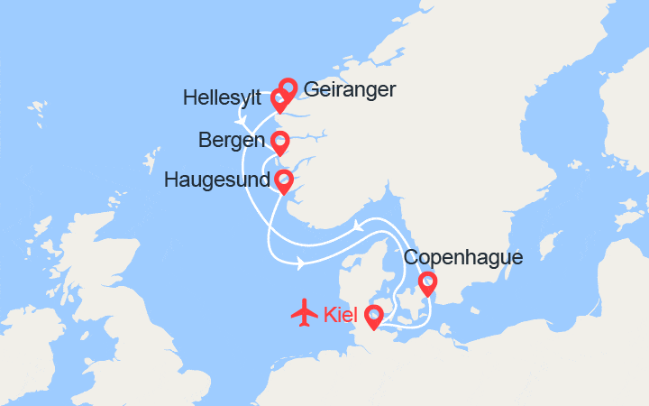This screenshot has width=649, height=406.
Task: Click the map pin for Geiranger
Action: click(288, 88)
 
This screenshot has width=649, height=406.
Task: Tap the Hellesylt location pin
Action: click(279, 99)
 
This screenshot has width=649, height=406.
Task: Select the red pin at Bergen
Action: click(280, 142)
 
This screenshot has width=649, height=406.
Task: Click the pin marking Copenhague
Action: click(427, 283)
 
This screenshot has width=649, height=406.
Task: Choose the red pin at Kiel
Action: click(372, 315)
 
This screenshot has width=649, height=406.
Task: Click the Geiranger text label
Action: click(350, 89)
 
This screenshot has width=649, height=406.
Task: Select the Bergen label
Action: click(233, 142)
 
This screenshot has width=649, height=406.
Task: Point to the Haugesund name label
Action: click(217, 180)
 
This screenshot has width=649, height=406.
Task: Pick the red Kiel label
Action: click(339, 315)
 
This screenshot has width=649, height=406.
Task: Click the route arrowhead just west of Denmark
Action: click(300, 263)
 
